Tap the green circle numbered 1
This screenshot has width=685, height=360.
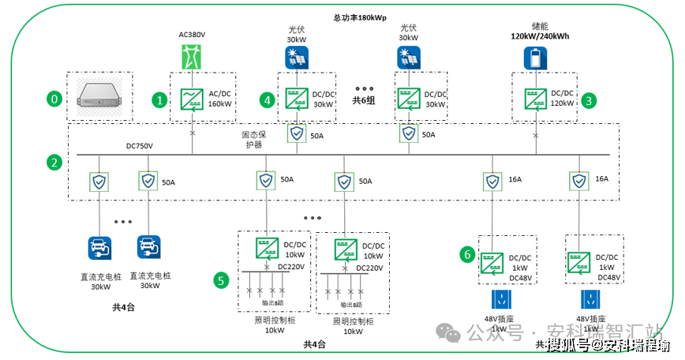point(160,100)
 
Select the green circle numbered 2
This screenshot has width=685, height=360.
point(54,163)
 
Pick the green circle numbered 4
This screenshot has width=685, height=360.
point(268,100)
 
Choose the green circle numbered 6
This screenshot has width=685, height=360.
point(467,254)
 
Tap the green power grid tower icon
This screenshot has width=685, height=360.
point(191,58)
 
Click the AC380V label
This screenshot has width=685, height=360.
point(191,35)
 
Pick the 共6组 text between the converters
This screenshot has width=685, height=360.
point(364,100)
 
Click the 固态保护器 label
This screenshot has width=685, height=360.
point(252,140)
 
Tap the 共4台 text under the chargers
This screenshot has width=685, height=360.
point(125,306)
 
